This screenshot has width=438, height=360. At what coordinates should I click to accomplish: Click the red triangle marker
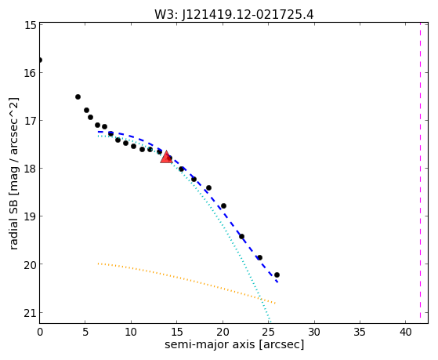pos(166,157)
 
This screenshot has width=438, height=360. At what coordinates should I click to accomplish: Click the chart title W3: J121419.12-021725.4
pos(234,15)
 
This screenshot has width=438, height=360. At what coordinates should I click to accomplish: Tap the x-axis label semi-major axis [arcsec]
pos(234,344)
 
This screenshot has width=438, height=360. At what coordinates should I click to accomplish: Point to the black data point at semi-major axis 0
pos(40,60)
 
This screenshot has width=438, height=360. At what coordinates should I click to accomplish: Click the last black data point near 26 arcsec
pos(277,275)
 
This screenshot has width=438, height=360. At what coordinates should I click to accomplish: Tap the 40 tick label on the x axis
pos(405,332)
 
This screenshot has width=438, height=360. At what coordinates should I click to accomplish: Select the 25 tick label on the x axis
pos(268,332)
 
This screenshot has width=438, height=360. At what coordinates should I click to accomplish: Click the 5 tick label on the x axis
pos(85,332)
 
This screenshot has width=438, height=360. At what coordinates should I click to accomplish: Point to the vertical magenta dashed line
pos(420,173)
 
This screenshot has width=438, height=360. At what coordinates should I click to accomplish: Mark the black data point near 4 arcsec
pos(78,96)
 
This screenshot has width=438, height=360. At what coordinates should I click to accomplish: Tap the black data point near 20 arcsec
pos(223,205)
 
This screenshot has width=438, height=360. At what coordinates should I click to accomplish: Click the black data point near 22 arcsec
pos(241,236)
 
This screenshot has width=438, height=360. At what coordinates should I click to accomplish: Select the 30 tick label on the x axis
pos(314,332)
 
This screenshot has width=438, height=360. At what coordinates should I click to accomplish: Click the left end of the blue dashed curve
pos(98,132)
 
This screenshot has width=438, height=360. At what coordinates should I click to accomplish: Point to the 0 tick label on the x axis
pos(40,332)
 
